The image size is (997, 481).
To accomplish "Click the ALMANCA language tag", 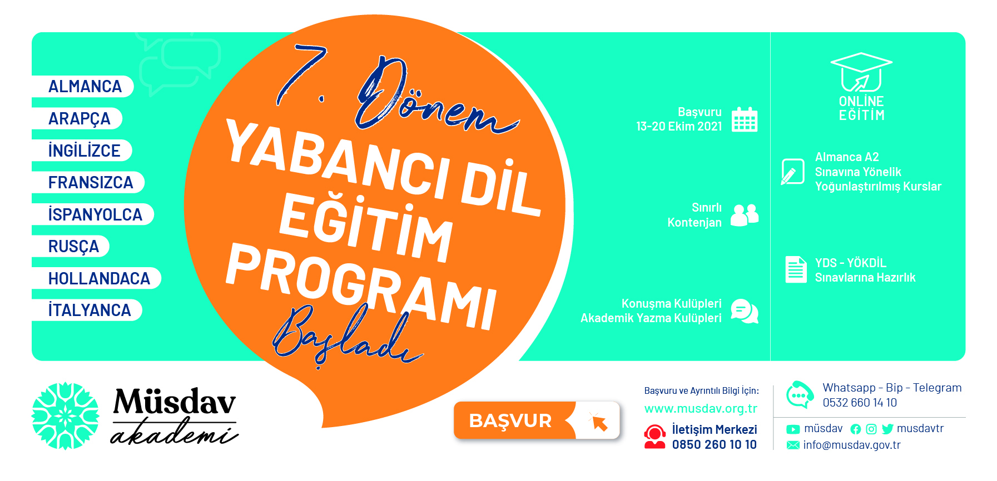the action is click(83, 87).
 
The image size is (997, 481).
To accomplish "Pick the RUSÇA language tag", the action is click(71, 246).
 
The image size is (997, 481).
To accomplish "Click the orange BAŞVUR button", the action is click(537, 420).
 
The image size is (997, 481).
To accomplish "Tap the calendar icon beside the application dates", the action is click(745, 119).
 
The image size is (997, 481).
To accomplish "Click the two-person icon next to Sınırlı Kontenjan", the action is click(745, 215).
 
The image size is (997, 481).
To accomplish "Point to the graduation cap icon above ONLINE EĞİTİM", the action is click(861, 72).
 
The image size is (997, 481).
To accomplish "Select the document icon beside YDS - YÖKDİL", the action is click(796, 269).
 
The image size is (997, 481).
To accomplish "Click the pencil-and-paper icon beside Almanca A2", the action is click(792, 172).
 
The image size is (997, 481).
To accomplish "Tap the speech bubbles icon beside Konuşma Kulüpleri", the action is click(745, 311).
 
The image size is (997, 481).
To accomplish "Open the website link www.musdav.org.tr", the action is click(701, 409).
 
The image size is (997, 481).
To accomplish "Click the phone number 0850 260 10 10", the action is click(714, 444).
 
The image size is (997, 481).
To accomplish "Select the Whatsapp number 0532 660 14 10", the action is click(860, 403).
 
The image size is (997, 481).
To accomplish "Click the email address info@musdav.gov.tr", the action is click(851, 445).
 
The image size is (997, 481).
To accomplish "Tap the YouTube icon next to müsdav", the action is click(793, 429).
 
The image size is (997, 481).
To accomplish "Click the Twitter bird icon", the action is click(887, 429).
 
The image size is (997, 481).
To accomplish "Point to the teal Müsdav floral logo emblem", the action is click(65, 415).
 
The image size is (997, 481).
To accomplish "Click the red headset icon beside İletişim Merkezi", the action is click(654, 437).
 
